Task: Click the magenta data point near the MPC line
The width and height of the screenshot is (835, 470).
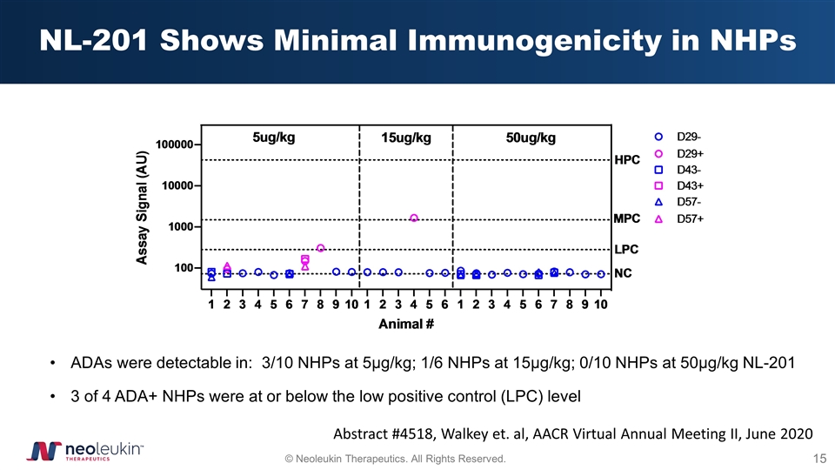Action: (x=414, y=218)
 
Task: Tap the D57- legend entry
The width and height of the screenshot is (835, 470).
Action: (x=678, y=202)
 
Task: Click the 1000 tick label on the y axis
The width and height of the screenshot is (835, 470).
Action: (x=184, y=227)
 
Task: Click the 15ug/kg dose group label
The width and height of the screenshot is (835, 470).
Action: (x=406, y=138)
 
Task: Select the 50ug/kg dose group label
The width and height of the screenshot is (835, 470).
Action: (x=531, y=138)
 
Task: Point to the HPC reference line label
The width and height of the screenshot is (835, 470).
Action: (x=627, y=160)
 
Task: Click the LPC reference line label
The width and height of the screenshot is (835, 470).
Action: (x=626, y=249)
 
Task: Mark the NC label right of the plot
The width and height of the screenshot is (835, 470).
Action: (x=623, y=273)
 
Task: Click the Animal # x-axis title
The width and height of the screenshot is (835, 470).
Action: (x=406, y=324)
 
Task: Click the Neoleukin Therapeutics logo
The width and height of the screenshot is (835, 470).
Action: (x=83, y=450)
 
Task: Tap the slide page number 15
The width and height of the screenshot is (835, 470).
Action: (x=818, y=458)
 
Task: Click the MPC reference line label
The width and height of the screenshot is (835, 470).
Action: (x=627, y=218)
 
